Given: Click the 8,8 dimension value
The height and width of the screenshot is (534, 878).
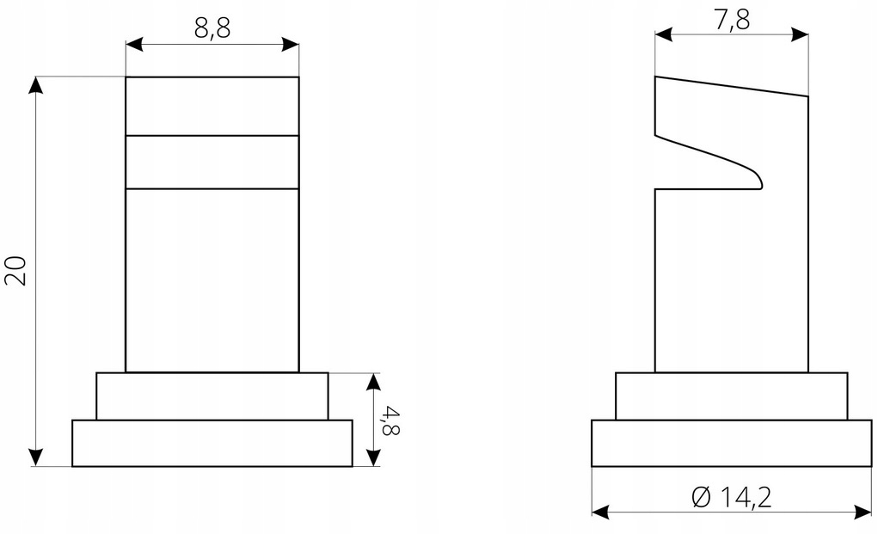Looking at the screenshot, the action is click(x=212, y=28).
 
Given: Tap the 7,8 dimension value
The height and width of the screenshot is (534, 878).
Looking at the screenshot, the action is click(x=731, y=19).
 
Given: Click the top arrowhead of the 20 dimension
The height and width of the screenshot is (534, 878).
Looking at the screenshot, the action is click(x=36, y=84).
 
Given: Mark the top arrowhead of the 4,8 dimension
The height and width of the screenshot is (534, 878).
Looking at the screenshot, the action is click(x=373, y=381).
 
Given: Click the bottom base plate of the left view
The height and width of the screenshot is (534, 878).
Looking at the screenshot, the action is click(x=212, y=443).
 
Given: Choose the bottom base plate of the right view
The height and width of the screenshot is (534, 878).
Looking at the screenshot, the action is click(x=732, y=443).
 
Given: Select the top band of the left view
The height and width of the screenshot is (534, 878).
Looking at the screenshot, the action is click(x=212, y=107).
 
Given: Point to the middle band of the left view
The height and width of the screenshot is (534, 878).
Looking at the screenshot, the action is click(x=212, y=162).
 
